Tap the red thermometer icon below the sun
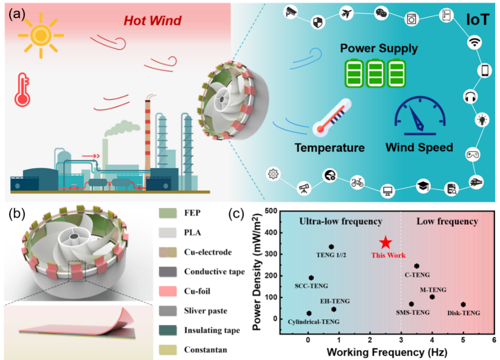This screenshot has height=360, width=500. coord(22,90)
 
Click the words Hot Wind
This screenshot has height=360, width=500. coord(153,20)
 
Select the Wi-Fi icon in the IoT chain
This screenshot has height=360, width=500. coord(474,42)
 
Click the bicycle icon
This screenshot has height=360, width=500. coord(357,182)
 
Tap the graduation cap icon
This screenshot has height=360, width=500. coord(423,186)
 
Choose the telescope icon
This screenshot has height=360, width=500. coord(303,188)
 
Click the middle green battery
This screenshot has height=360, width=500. coord(375,73)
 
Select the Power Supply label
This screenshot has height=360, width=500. coord(379,48)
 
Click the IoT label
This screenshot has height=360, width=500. coord(478,20)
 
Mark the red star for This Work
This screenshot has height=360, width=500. coord(385,243)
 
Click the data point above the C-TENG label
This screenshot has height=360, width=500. coord(417,266)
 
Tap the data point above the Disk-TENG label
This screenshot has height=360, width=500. coord(463,304)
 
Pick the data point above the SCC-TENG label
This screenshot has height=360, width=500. coord(311,278)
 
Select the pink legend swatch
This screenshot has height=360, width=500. coord(168,291)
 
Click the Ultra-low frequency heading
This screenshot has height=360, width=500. coord(340,221)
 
